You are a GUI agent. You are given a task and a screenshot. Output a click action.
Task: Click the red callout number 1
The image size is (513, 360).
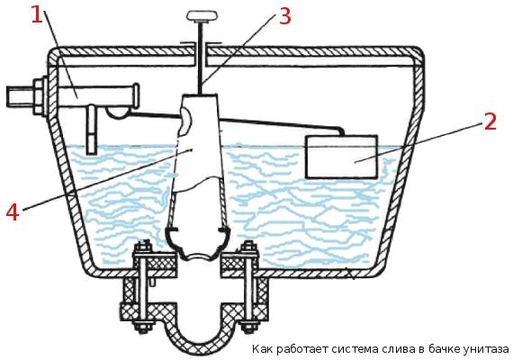tap(37, 15)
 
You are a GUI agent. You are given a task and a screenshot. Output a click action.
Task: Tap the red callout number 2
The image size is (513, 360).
tap(490, 121)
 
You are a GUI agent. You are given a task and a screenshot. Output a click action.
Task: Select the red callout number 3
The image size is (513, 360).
tap(284, 15)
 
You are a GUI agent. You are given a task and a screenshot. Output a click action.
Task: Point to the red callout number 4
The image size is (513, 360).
tap(13, 211)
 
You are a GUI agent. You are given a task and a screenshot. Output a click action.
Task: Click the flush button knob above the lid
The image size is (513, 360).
tap(202, 16)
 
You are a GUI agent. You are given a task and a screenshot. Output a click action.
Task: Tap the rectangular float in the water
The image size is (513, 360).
tap(341, 157)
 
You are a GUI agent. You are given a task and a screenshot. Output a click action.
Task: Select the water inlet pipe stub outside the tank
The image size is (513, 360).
tap(20, 96)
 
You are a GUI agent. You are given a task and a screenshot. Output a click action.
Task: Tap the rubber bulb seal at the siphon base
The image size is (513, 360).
tap(199, 243)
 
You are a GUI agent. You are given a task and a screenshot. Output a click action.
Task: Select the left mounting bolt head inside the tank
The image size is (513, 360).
tap(143, 247)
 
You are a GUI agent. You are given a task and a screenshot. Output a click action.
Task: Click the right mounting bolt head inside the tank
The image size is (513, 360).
tap(249, 247)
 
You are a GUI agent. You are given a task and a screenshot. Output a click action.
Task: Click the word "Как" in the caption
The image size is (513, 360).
tap(263, 348)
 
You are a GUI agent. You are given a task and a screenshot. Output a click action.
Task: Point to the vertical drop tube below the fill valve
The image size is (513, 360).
tap(92, 130)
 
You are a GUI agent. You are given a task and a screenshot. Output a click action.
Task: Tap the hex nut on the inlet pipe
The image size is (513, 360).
tap(39, 96)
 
